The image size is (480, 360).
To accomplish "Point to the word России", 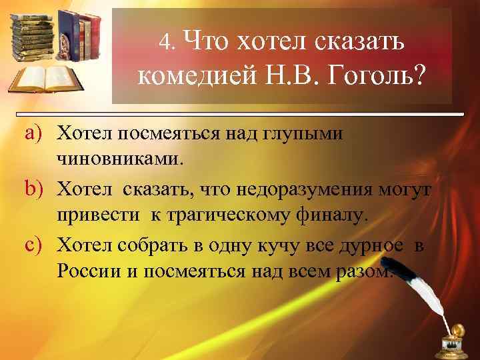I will (87, 272).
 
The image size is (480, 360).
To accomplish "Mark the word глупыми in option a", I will (307, 135).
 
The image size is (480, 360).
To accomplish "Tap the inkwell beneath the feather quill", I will (458, 341).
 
